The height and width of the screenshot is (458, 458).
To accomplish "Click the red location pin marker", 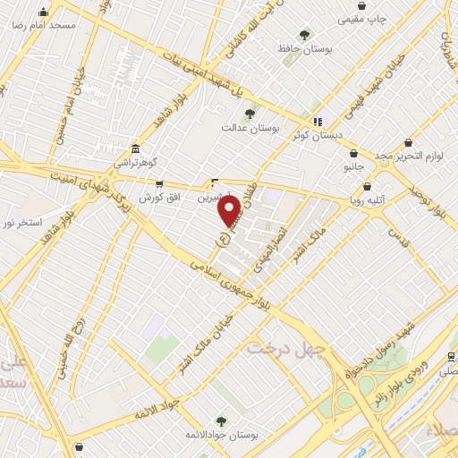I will pos(230,211).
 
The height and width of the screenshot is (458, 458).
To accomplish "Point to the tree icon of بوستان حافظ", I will pos(305,35).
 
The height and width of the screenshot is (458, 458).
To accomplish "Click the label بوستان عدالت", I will pos(250,128).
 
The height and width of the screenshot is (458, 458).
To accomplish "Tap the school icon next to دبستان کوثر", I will pos(317,122).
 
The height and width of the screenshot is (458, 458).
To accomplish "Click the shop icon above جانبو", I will pos(355,153).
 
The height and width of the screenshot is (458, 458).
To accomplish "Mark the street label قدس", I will pos(397,236).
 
